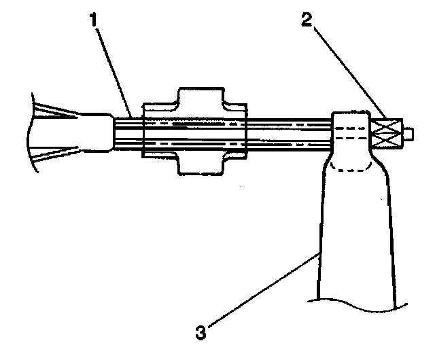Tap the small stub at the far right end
[x=409, y=132]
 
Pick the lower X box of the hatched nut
[x=386, y=141]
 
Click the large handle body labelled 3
[x=355, y=231]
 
